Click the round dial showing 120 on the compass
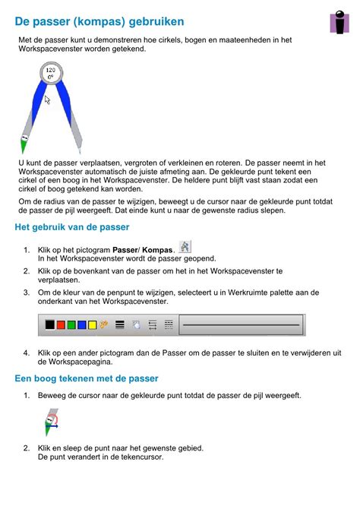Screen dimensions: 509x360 (52, 74)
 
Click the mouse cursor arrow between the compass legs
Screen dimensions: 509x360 (47, 100)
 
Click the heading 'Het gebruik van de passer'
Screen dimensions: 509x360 (72, 227)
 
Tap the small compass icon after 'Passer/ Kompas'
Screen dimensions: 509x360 (185, 246)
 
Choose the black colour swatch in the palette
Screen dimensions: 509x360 (50, 324)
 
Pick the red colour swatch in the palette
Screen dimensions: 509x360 (61, 324)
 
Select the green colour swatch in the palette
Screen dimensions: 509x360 (71, 324)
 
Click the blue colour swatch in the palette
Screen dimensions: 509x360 (82, 324)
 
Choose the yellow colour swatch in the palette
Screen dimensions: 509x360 (93, 324)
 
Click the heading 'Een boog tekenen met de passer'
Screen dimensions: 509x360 (87, 378)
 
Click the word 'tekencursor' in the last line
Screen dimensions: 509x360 (139, 457)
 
